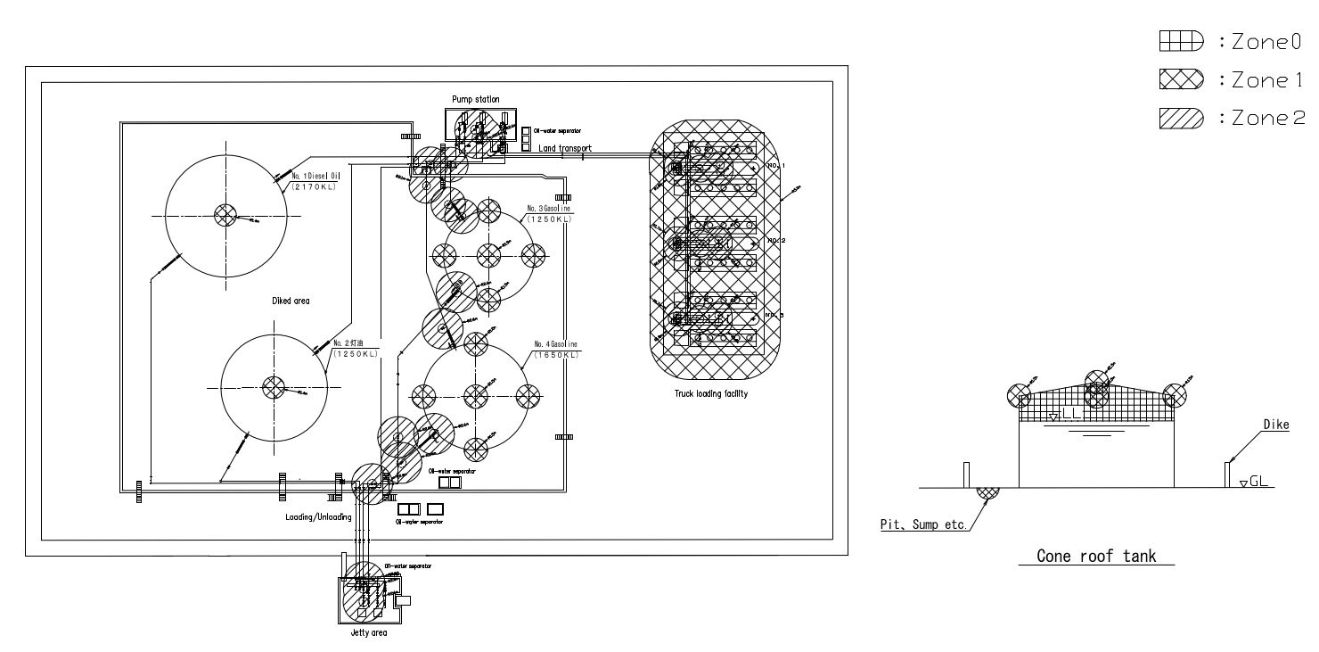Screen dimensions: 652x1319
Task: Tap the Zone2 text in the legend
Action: (1266, 120)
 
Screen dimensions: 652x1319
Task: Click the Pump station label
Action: (476, 99)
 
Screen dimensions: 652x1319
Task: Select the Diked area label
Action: (291, 301)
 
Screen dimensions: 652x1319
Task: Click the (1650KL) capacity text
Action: (556, 355)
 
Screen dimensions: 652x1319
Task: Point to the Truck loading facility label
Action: (711, 393)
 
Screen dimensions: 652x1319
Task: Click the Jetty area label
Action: (369, 633)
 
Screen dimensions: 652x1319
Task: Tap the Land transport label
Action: (565, 148)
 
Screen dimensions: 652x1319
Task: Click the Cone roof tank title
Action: (1096, 557)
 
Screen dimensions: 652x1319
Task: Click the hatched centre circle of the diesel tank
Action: (224, 214)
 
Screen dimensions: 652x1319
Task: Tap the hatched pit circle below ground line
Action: (987, 489)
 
